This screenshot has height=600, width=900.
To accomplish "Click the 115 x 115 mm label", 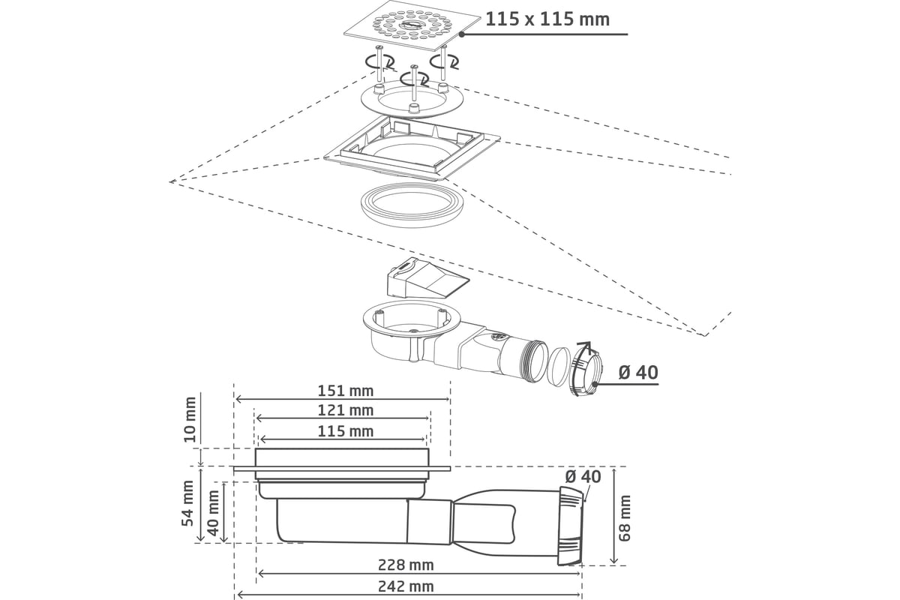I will pos(547,19).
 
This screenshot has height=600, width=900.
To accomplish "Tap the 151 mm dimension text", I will pos(345,391).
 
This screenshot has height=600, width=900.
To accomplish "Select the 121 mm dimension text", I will pos(345,410).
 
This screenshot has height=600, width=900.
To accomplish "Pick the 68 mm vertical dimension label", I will pos(625,517).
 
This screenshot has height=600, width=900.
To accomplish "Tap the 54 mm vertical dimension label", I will pos(188,502).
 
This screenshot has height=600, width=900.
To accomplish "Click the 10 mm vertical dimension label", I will pos(190,420).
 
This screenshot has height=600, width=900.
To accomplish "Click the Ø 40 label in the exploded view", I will pos(637,372).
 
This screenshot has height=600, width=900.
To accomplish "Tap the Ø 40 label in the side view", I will pos(583,476).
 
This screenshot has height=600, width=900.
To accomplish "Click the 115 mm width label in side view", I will pos(345,431).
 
